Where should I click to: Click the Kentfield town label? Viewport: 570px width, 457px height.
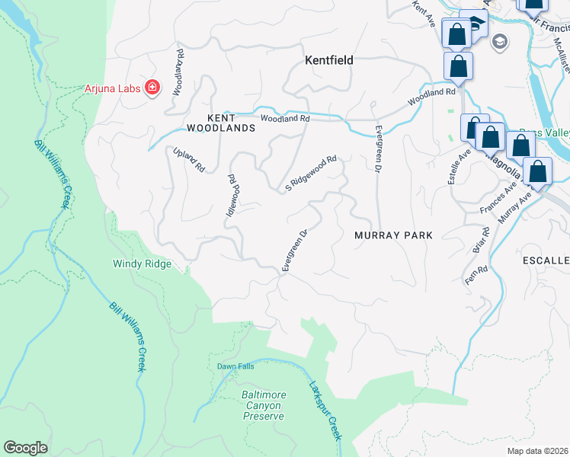[328, 59]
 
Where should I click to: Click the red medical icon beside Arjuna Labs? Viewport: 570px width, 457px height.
[152, 88]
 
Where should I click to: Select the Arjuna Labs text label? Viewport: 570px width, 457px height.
[112, 88]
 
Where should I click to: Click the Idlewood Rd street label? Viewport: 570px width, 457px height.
[232, 194]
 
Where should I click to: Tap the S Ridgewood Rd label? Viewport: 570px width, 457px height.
[311, 174]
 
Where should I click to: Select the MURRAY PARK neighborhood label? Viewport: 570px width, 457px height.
[393, 235]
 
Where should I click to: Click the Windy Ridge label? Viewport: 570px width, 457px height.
[142, 264]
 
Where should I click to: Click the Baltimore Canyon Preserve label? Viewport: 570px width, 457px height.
[264, 405]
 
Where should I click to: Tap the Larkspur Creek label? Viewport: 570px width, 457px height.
[324, 409]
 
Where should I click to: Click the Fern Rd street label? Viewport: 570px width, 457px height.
[477, 275]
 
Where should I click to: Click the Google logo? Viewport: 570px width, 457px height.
[25, 448]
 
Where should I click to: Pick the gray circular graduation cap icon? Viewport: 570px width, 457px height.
[501, 41]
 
